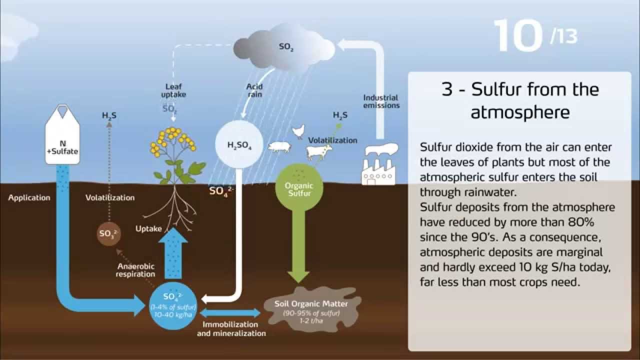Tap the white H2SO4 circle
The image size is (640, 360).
[x=239, y=145]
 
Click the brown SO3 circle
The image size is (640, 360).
[x=108, y=234]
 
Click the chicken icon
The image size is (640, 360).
[x=298, y=131]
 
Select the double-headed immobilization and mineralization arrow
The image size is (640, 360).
[x=230, y=313]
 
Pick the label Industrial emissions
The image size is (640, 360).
[x=381, y=101]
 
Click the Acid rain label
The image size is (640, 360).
[x=254, y=90]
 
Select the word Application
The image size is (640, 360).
[x=29, y=197]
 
